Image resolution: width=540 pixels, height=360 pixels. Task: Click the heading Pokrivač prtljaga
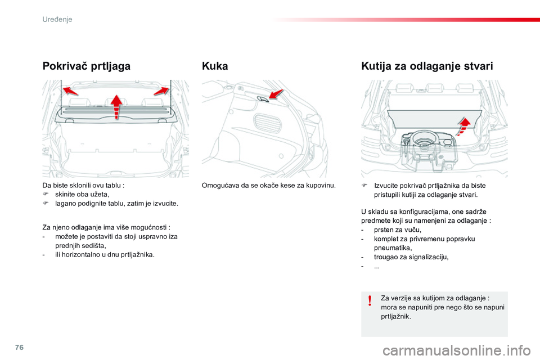click(86, 66)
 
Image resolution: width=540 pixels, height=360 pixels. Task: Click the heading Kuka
click(214, 66)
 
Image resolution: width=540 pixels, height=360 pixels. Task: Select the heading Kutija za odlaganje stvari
click(427, 66)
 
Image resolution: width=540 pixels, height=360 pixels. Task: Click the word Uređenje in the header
click(57, 19)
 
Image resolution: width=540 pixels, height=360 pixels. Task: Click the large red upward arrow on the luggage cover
click(116, 107)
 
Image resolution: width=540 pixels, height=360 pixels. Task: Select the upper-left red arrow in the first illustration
click(70, 91)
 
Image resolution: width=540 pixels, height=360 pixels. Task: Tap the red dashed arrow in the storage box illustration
click(465, 124)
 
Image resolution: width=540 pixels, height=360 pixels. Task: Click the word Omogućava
click(222, 185)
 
